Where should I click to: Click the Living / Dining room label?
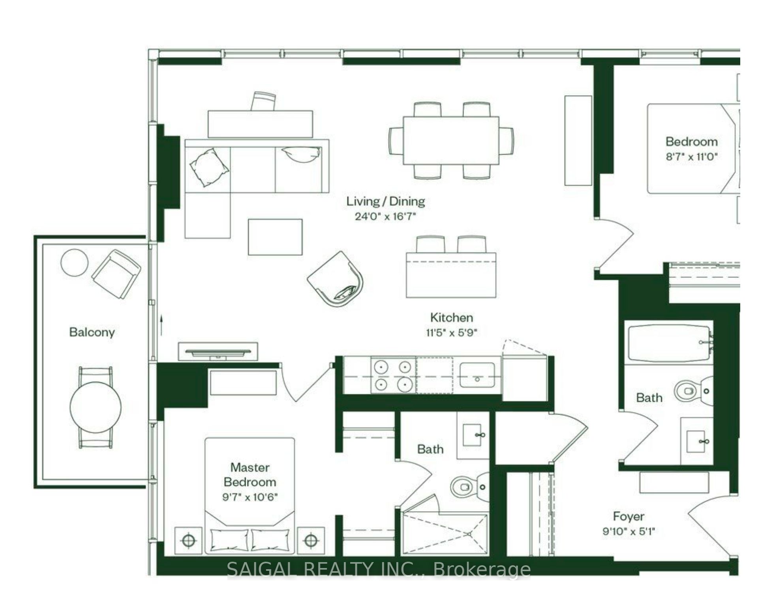click(386, 201)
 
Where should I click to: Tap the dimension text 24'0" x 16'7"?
click(385, 216)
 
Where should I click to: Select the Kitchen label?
click(451, 317)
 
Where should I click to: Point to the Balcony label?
click(92, 332)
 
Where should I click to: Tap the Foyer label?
click(629, 516)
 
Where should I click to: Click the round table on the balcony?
click(96, 407)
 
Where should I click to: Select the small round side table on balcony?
click(74, 262)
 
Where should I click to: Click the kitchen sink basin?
click(477, 375)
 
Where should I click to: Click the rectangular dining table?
click(451, 141)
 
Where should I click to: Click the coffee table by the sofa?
click(275, 237)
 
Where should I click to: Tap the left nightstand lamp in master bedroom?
click(189, 540)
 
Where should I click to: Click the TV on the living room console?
click(218, 352)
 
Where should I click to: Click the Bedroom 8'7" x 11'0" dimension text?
click(691, 157)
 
